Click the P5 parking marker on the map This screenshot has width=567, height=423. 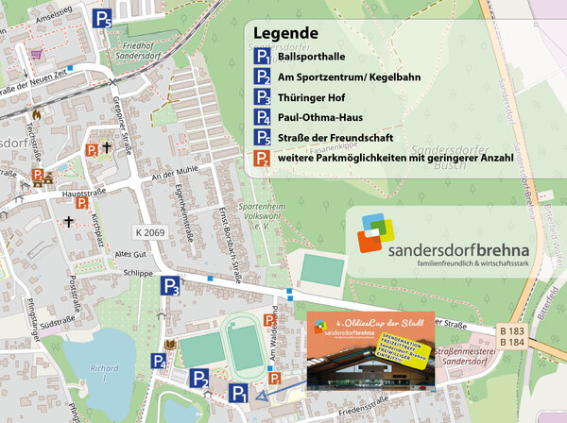point(103,16)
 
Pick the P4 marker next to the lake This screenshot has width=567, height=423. point(160,360)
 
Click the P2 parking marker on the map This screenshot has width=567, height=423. point(199,379)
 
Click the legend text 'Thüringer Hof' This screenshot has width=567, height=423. point(315,98)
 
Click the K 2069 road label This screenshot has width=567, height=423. point(151,232)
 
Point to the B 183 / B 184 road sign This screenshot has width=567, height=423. point(511,335)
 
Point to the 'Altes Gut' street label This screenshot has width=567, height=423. point(129,255)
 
